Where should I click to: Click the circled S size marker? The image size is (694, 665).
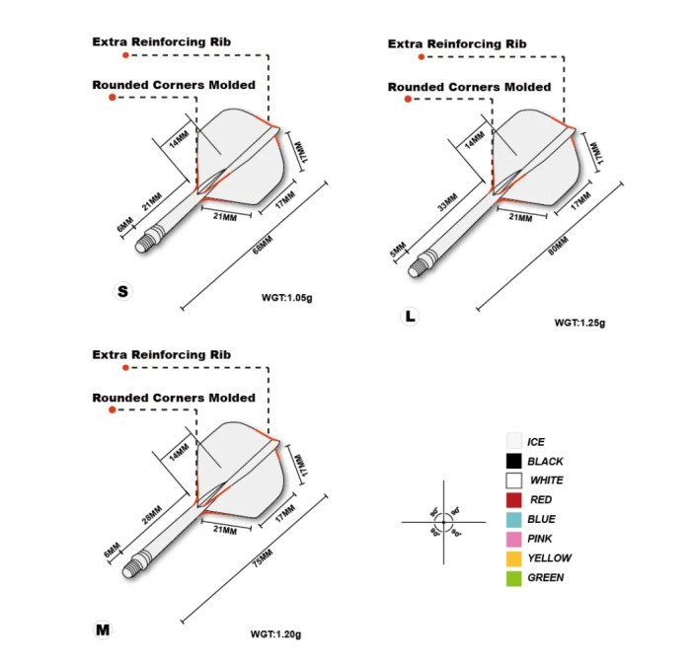pyautogui.click(x=122, y=291)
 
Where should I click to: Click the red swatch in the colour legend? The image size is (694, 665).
pyautogui.click(x=513, y=500)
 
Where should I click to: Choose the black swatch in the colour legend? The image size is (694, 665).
pyautogui.click(x=513, y=461)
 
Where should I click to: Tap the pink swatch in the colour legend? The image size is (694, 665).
pyautogui.click(x=513, y=539)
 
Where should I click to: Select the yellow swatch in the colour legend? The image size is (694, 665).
pyautogui.click(x=513, y=558)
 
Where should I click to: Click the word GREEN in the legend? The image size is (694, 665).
pyautogui.click(x=546, y=578)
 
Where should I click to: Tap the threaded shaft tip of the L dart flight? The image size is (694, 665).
pyautogui.click(x=426, y=261)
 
